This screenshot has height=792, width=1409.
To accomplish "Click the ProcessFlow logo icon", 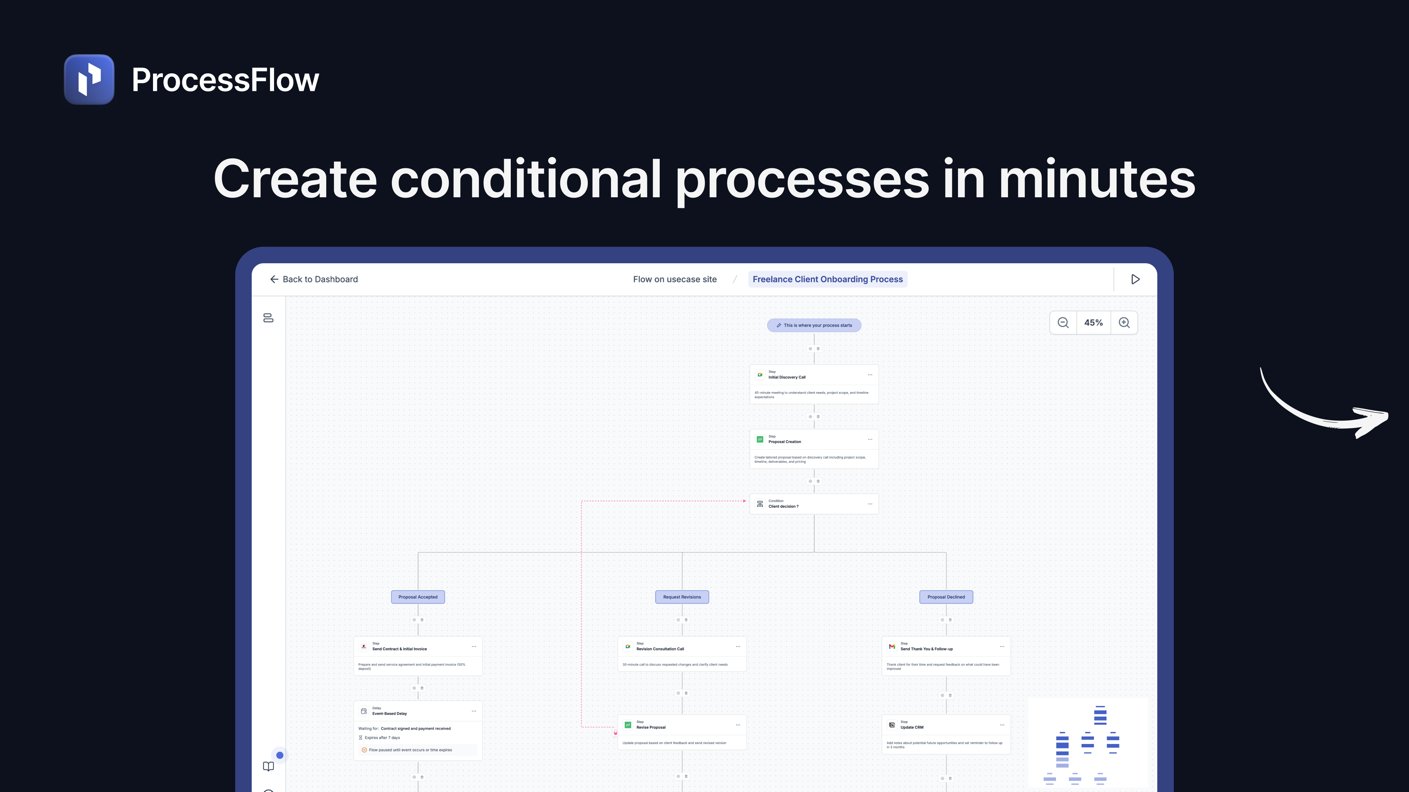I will pyautogui.click(x=89, y=79).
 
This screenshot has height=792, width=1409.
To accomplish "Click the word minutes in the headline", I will pyautogui.click(x=1097, y=179).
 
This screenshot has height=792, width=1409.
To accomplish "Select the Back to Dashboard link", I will pyautogui.click(x=314, y=279).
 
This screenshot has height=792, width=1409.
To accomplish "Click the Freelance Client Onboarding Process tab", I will pyautogui.click(x=827, y=279).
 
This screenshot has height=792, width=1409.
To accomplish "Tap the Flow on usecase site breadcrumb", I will pyautogui.click(x=674, y=279).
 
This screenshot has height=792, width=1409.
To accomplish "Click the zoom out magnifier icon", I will pyautogui.click(x=1063, y=323).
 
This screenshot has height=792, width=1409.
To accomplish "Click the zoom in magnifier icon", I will pyautogui.click(x=1124, y=323).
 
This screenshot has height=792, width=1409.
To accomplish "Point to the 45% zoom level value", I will pyautogui.click(x=1093, y=323).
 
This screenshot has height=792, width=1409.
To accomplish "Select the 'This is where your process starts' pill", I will pyautogui.click(x=814, y=325).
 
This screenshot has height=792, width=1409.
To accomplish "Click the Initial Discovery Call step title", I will pyautogui.click(x=787, y=377).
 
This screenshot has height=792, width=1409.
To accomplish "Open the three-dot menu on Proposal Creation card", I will pyautogui.click(x=870, y=440).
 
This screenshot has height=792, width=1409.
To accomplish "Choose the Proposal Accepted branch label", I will pyautogui.click(x=418, y=597).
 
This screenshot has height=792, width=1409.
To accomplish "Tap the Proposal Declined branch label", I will pyautogui.click(x=946, y=597).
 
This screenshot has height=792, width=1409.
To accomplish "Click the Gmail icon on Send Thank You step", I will pyautogui.click(x=892, y=646).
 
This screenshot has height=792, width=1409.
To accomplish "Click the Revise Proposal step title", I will pyautogui.click(x=651, y=727).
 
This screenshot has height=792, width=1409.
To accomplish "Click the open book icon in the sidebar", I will pyautogui.click(x=268, y=766).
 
